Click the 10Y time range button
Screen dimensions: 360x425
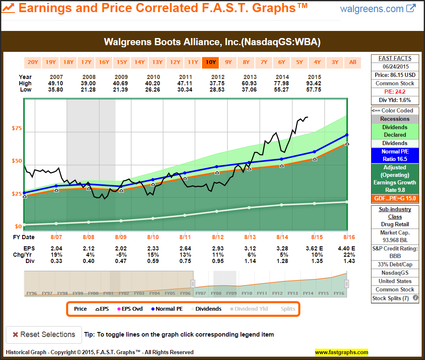(210, 62)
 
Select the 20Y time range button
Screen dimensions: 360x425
(33, 62)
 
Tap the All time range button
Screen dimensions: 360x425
(353, 62)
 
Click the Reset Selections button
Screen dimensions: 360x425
(44, 334)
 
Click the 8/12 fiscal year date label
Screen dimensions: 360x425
(218, 237)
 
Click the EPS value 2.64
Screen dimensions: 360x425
(185, 248)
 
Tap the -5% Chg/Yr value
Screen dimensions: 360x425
(121, 255)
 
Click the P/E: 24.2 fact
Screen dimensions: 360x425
(395, 92)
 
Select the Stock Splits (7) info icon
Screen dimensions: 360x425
(415, 298)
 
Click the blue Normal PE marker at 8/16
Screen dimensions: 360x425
(347, 135)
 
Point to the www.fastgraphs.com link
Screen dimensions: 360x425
(341, 352)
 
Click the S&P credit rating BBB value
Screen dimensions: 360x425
(395, 256)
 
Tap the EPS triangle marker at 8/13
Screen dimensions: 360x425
(249, 169)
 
